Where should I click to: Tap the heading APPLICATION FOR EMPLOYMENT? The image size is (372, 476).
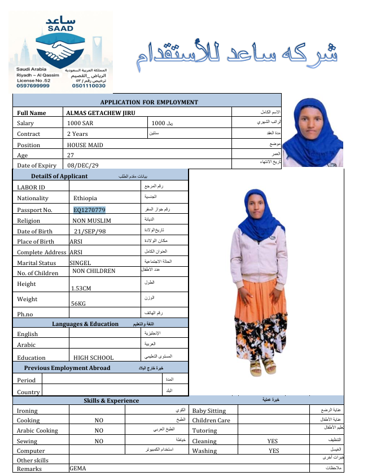(x=149, y=102)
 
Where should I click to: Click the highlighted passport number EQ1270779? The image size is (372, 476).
(x=89, y=210)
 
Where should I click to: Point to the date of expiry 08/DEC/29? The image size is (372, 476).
(x=82, y=165)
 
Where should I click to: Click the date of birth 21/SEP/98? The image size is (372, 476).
(x=89, y=231)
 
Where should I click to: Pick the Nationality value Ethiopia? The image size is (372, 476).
(x=85, y=199)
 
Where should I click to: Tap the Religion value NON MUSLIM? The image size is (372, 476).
(x=91, y=221)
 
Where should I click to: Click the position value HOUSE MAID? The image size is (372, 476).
(x=85, y=145)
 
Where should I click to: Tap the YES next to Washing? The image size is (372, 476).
(x=273, y=451)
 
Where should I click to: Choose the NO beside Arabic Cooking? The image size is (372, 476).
(x=99, y=430)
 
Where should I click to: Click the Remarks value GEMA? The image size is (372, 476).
(x=78, y=469)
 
